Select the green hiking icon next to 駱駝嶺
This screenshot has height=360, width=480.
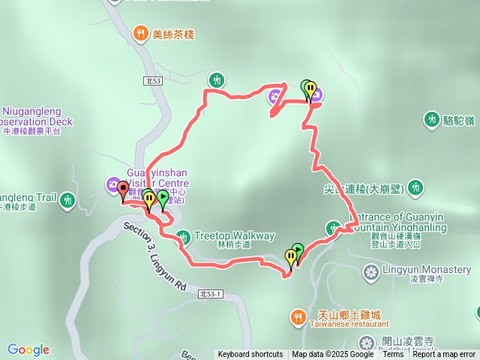(x=431, y=118)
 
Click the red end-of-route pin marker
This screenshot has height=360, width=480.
(x=123, y=190)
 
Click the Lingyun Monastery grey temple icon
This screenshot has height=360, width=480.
(x=370, y=270)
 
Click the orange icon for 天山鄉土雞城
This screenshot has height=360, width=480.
(x=298, y=316)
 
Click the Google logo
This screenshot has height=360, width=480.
(x=28, y=349)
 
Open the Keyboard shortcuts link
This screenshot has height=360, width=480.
(x=250, y=355)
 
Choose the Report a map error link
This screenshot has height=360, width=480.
(x=444, y=355)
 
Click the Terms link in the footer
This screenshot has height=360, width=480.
(x=393, y=355)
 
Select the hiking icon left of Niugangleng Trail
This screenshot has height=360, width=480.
(x=68, y=199)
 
